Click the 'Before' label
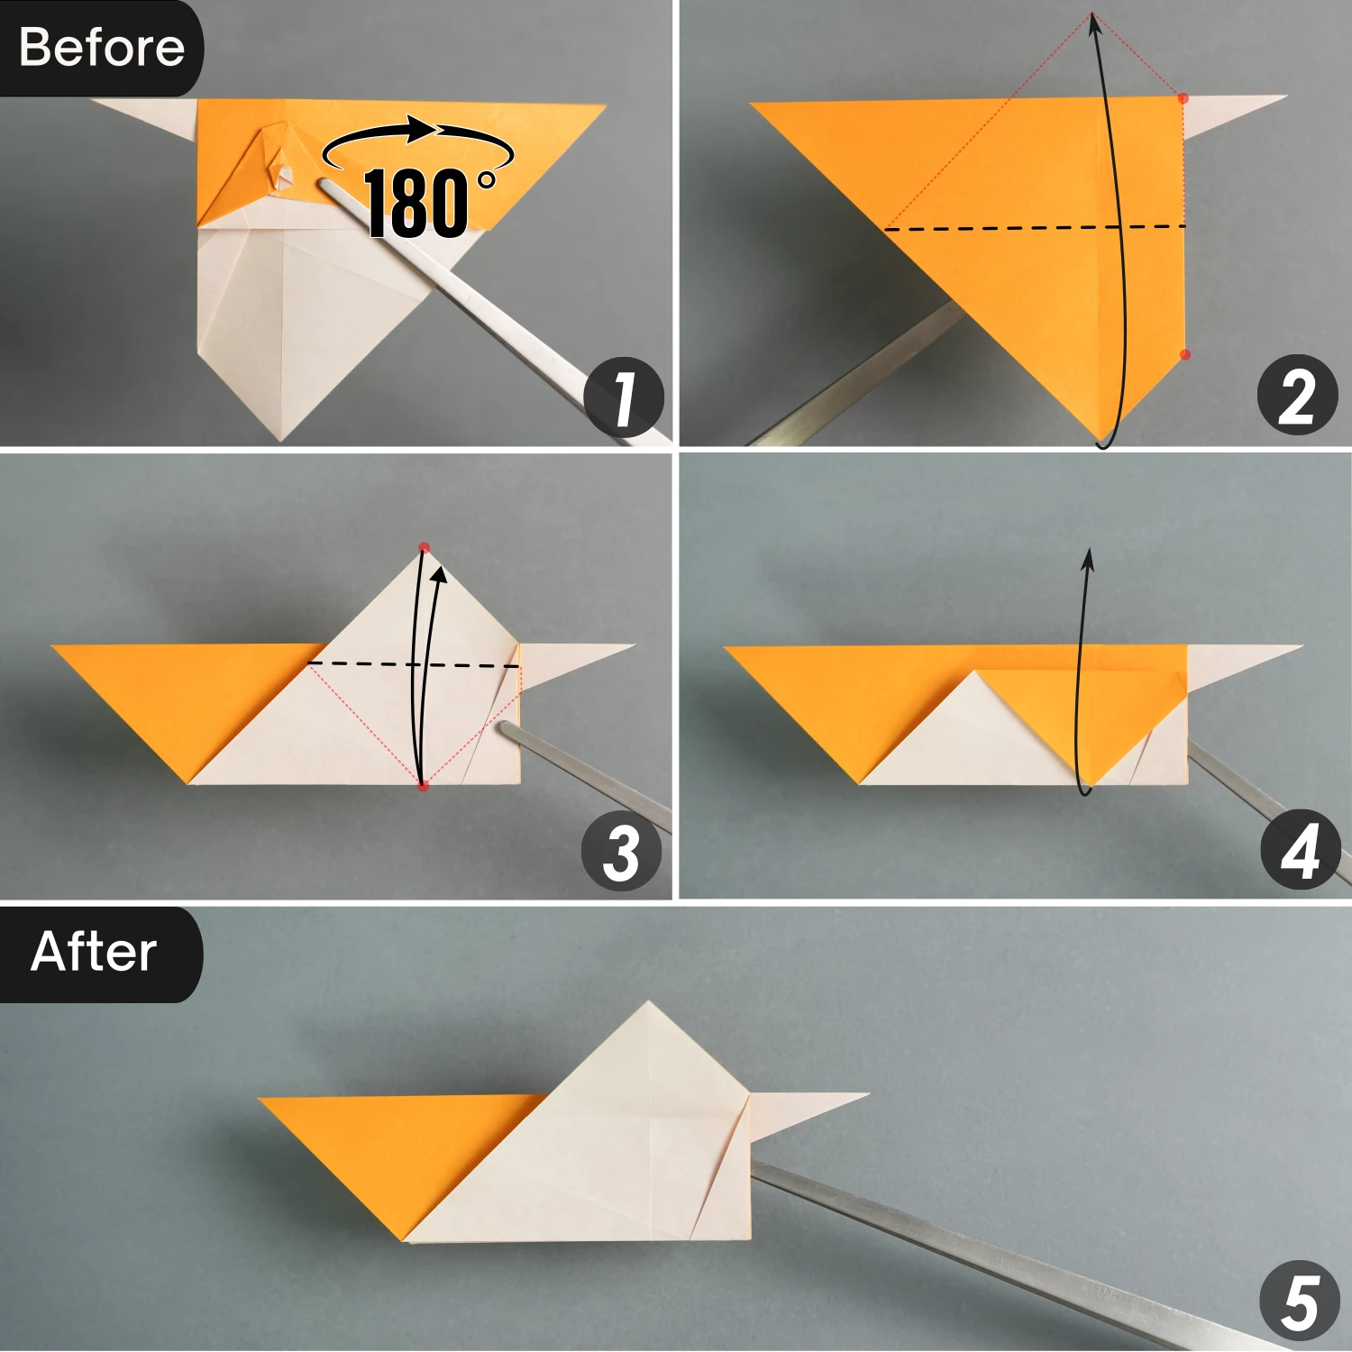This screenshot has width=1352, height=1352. (x=101, y=47)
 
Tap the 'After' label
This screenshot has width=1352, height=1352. (x=94, y=952)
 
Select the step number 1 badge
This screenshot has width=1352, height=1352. (x=624, y=397)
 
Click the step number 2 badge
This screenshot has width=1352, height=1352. (x=1297, y=395)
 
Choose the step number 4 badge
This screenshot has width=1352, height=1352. (x=1300, y=850)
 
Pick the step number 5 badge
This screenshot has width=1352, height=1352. (x=1299, y=1301)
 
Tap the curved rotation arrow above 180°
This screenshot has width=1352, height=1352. (x=417, y=135)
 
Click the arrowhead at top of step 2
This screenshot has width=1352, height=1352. (x=1095, y=24)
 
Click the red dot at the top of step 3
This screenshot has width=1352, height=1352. (x=424, y=547)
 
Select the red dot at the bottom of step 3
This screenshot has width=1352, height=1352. (x=423, y=787)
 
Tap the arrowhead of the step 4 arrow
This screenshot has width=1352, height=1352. (x=1089, y=558)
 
